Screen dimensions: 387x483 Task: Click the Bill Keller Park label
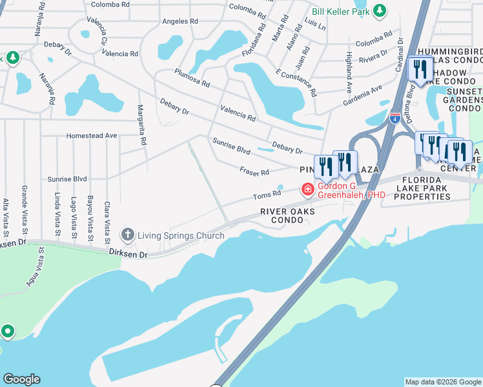(x=340, y=11)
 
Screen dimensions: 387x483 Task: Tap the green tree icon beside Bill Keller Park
(x=380, y=11)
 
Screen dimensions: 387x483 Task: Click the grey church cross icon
(x=128, y=233)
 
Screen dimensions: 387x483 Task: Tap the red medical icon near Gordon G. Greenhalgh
(x=308, y=190)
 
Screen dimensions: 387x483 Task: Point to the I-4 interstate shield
(x=395, y=119)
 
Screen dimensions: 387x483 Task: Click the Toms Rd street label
(x=267, y=193)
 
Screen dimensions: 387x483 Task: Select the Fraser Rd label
(x=254, y=172)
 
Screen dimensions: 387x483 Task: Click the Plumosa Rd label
(x=192, y=81)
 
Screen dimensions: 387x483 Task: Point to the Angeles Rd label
(x=175, y=21)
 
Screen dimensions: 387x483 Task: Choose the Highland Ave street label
(x=349, y=71)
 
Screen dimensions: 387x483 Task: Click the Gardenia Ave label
(x=362, y=94)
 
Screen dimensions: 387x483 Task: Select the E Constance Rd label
(x=296, y=82)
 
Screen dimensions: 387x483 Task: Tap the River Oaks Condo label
(x=282, y=215)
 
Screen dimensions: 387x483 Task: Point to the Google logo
(x=21, y=379)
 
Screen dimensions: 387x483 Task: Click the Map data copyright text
(x=442, y=382)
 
